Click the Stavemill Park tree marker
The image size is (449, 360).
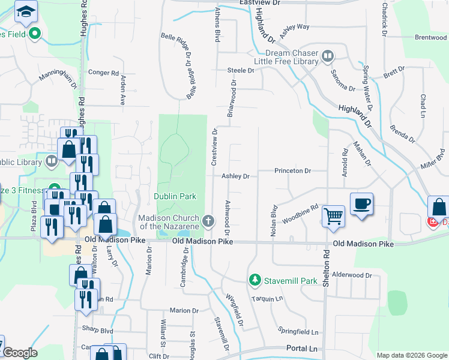(x=255, y=280)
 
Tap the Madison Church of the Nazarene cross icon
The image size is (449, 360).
(x=208, y=221)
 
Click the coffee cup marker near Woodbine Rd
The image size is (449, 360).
(x=361, y=205)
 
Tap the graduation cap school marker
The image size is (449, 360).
(x=26, y=11)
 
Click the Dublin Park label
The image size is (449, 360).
(x=175, y=196)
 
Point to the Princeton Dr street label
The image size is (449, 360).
(x=292, y=171)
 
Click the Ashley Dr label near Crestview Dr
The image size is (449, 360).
(x=235, y=176)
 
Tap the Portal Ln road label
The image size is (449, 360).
(x=301, y=349)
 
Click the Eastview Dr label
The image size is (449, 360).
(x=259, y=3)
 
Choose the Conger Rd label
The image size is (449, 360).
(x=103, y=73)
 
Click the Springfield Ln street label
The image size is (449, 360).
(x=298, y=332)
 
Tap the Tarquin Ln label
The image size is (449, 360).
(x=267, y=298)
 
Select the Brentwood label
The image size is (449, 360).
(x=431, y=37)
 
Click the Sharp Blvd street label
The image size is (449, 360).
(x=98, y=331)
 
